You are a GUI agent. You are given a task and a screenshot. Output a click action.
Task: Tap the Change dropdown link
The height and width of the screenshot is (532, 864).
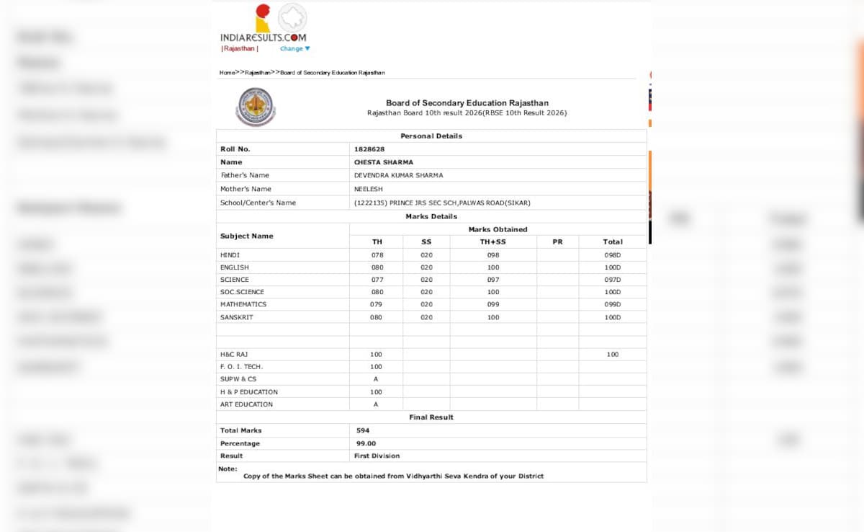[x=294, y=49]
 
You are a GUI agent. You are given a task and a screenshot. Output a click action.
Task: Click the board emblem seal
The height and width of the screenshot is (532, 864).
[x=256, y=107]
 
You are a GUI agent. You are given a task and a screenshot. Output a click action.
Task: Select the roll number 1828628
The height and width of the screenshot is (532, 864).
[x=369, y=149]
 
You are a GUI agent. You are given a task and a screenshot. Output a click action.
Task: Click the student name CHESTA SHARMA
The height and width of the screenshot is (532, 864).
[x=384, y=162]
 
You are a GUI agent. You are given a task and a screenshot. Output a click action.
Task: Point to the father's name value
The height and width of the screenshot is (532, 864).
[x=398, y=175]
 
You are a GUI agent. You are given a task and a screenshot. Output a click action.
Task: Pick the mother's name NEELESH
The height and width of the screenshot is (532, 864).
[x=369, y=189]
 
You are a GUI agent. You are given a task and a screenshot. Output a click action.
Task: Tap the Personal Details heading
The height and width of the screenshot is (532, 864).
[x=431, y=136]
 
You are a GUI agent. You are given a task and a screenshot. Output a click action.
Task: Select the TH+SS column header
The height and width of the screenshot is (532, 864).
[x=492, y=242]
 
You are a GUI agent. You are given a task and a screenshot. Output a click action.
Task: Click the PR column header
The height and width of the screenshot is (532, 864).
[x=557, y=242]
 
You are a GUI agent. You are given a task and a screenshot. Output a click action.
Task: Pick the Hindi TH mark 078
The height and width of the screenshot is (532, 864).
[x=377, y=255]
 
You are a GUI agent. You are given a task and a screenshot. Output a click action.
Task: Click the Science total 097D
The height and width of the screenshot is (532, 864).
[x=612, y=280]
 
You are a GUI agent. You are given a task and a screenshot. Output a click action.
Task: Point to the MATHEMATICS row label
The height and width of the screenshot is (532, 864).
[x=243, y=304]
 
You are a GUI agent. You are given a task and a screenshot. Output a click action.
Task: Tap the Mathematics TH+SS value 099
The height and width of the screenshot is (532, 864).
[x=492, y=304]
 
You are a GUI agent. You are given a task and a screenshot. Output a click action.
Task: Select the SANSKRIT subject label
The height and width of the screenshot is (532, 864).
[x=237, y=317]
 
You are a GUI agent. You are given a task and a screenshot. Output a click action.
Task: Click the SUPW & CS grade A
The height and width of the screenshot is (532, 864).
[x=376, y=379]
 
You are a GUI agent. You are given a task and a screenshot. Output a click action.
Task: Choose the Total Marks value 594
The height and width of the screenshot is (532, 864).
[x=363, y=430]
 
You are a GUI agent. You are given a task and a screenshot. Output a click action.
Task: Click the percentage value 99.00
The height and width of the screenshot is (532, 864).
[x=366, y=443]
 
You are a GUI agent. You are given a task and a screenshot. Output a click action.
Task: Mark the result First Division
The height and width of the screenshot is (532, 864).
[x=377, y=456]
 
